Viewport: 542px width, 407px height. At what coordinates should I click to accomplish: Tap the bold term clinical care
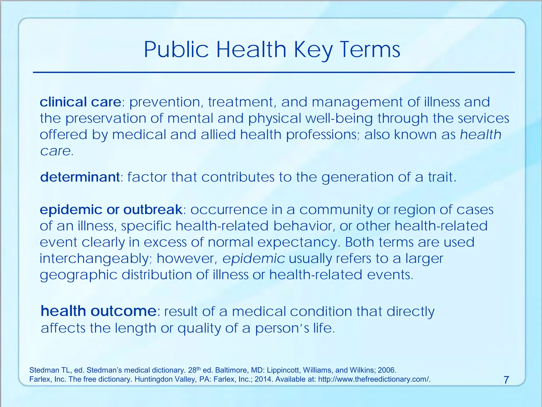pyautogui.click(x=80, y=102)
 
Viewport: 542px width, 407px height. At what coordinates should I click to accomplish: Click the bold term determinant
pyautogui.click(x=80, y=177)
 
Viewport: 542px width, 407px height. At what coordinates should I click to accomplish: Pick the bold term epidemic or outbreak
pyautogui.click(x=111, y=210)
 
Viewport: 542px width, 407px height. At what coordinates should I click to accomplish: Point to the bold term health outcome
pyautogui.click(x=98, y=311)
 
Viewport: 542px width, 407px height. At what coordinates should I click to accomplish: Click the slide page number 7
pyautogui.click(x=506, y=380)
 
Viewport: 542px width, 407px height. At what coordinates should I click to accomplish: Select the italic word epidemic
pyautogui.click(x=254, y=259)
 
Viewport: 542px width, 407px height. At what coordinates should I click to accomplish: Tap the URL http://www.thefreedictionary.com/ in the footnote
pyautogui.click(x=374, y=379)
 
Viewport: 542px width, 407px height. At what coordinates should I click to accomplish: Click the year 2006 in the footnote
pyautogui.click(x=387, y=370)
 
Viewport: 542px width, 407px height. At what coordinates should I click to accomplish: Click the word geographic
pyautogui.click(x=78, y=275)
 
